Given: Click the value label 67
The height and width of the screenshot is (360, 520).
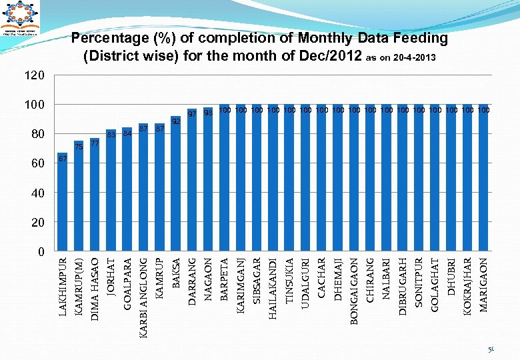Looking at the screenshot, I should pos(62,159).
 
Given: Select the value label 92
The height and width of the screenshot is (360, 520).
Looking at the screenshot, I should pos(176,121).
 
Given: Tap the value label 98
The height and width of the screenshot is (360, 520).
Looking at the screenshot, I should pos(208,113).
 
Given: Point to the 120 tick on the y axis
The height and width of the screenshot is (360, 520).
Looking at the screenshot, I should pos(35,76).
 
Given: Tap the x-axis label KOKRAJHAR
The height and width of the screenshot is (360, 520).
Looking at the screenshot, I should pos(467,288).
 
